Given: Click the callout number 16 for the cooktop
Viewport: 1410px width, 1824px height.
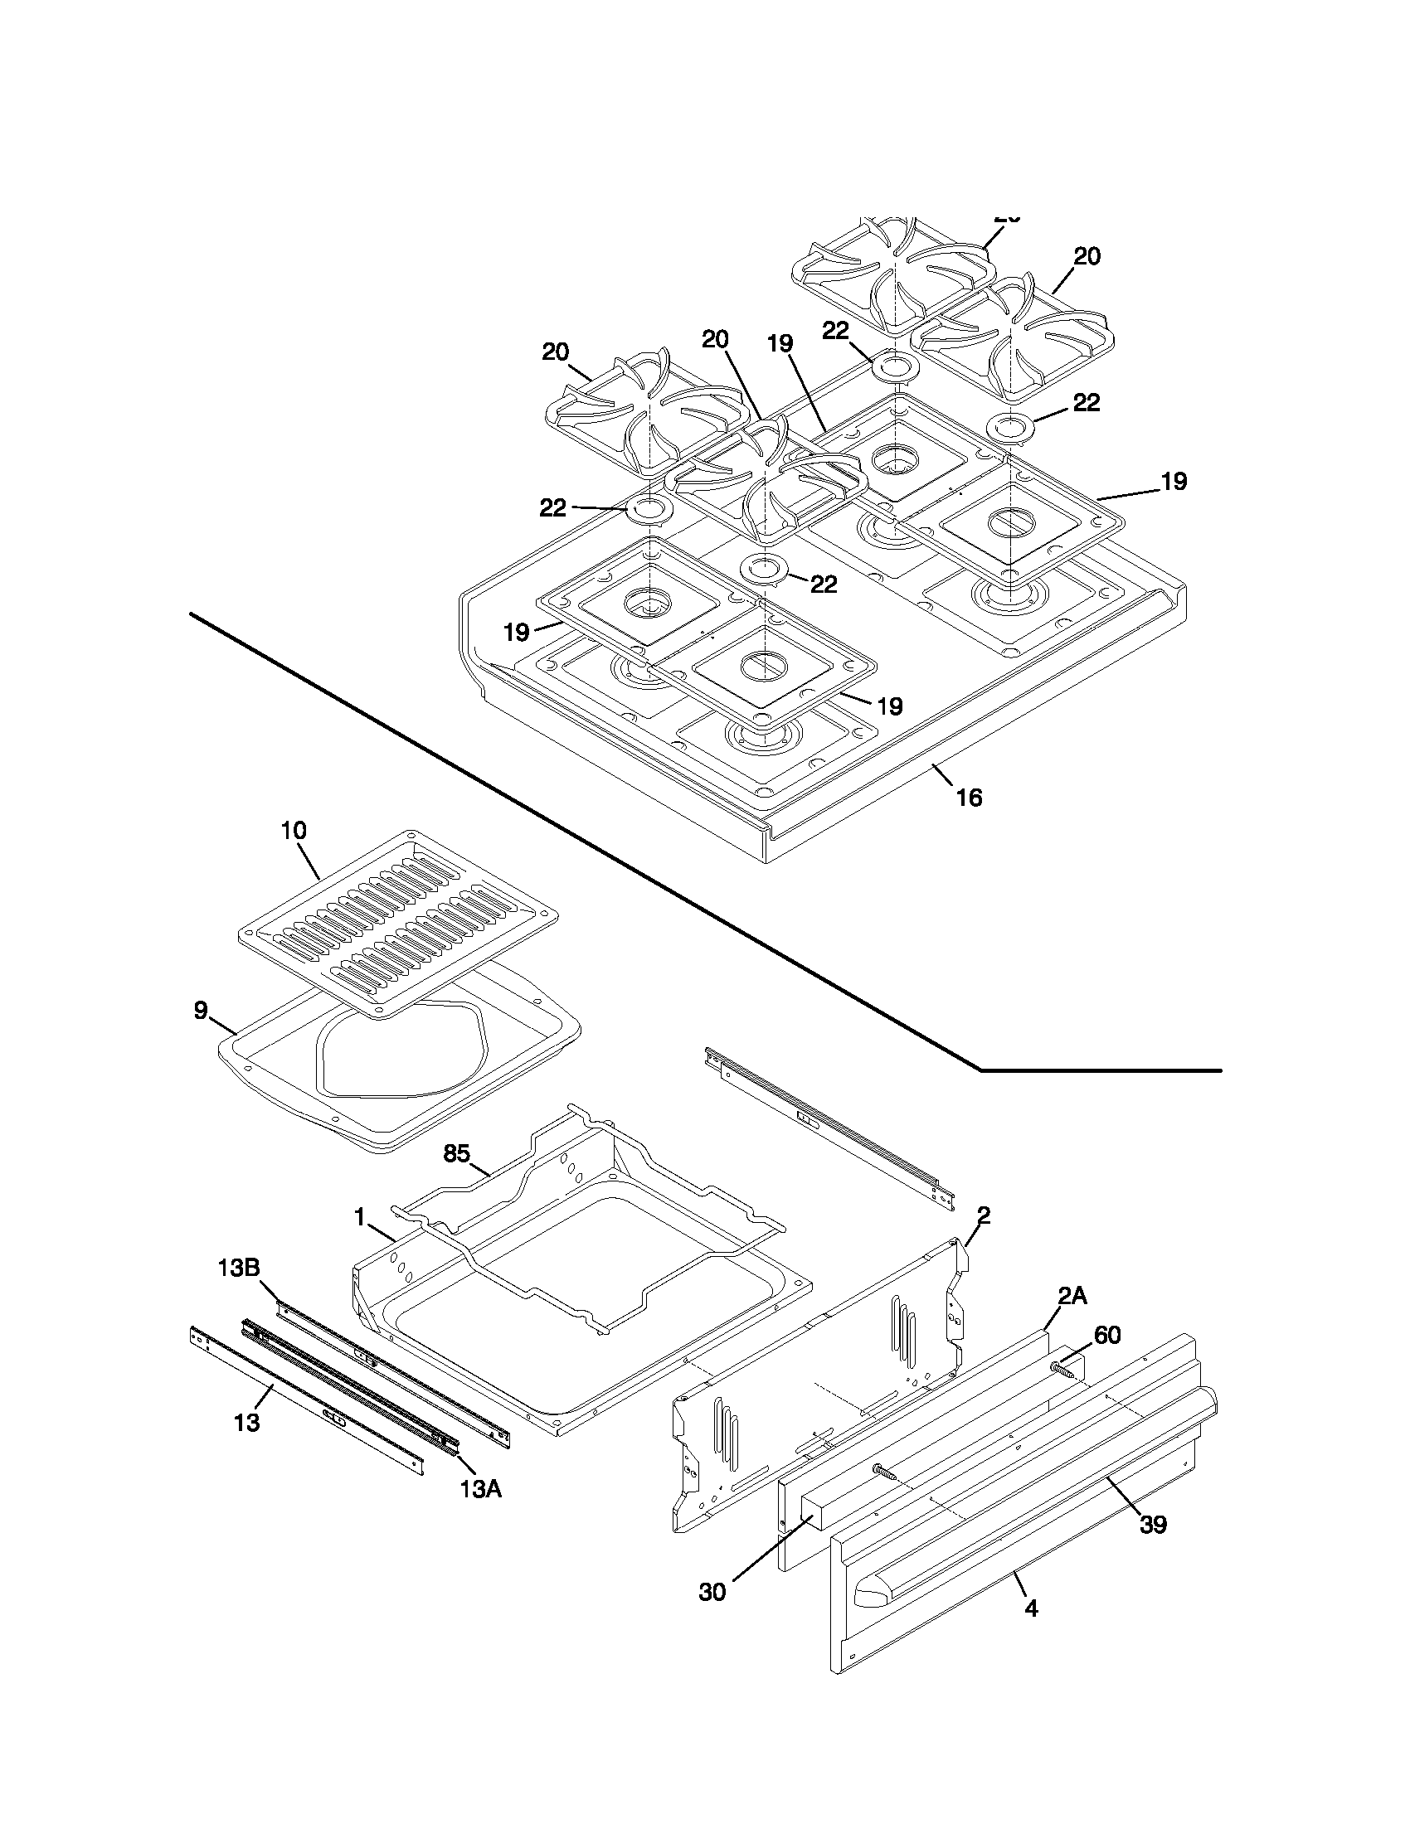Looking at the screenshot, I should pos(969,798).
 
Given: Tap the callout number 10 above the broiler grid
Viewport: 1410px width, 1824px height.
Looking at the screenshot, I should pos(294,830).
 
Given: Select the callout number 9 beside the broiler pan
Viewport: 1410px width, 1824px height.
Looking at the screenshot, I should pos(201,1011).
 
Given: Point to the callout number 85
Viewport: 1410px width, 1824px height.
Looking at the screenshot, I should pos(457,1153).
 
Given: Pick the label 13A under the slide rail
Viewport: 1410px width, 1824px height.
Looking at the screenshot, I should pos(480,1488).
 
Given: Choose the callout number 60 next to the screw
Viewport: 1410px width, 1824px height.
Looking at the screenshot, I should pos(1106,1335).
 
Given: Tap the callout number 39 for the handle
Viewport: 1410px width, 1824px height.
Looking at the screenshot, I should pos(1153,1524).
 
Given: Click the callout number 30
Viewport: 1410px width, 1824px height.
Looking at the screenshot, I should pos(712,1592).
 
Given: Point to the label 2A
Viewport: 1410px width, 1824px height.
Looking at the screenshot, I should pos(1072,1295).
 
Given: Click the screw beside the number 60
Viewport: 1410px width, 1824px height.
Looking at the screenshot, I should pos(1063,1368).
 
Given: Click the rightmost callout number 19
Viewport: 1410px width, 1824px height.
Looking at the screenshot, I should pos(1174,481).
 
